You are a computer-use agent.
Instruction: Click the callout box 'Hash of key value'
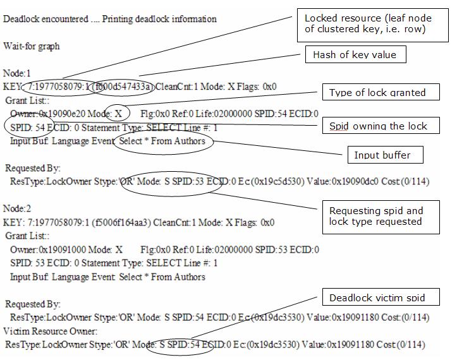(x=355, y=55)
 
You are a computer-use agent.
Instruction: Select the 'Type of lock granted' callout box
(x=377, y=93)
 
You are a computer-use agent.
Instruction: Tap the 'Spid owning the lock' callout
(x=378, y=126)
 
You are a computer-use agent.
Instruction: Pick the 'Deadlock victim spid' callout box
(x=377, y=297)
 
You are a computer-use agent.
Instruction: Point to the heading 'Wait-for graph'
(x=32, y=47)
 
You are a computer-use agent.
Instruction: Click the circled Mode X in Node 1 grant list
(x=118, y=114)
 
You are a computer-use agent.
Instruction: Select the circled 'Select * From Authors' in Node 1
(x=162, y=141)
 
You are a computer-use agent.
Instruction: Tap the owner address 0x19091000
(x=64, y=249)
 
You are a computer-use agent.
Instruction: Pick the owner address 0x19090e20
(x=64, y=114)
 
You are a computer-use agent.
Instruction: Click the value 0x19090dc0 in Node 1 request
(x=338, y=182)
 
